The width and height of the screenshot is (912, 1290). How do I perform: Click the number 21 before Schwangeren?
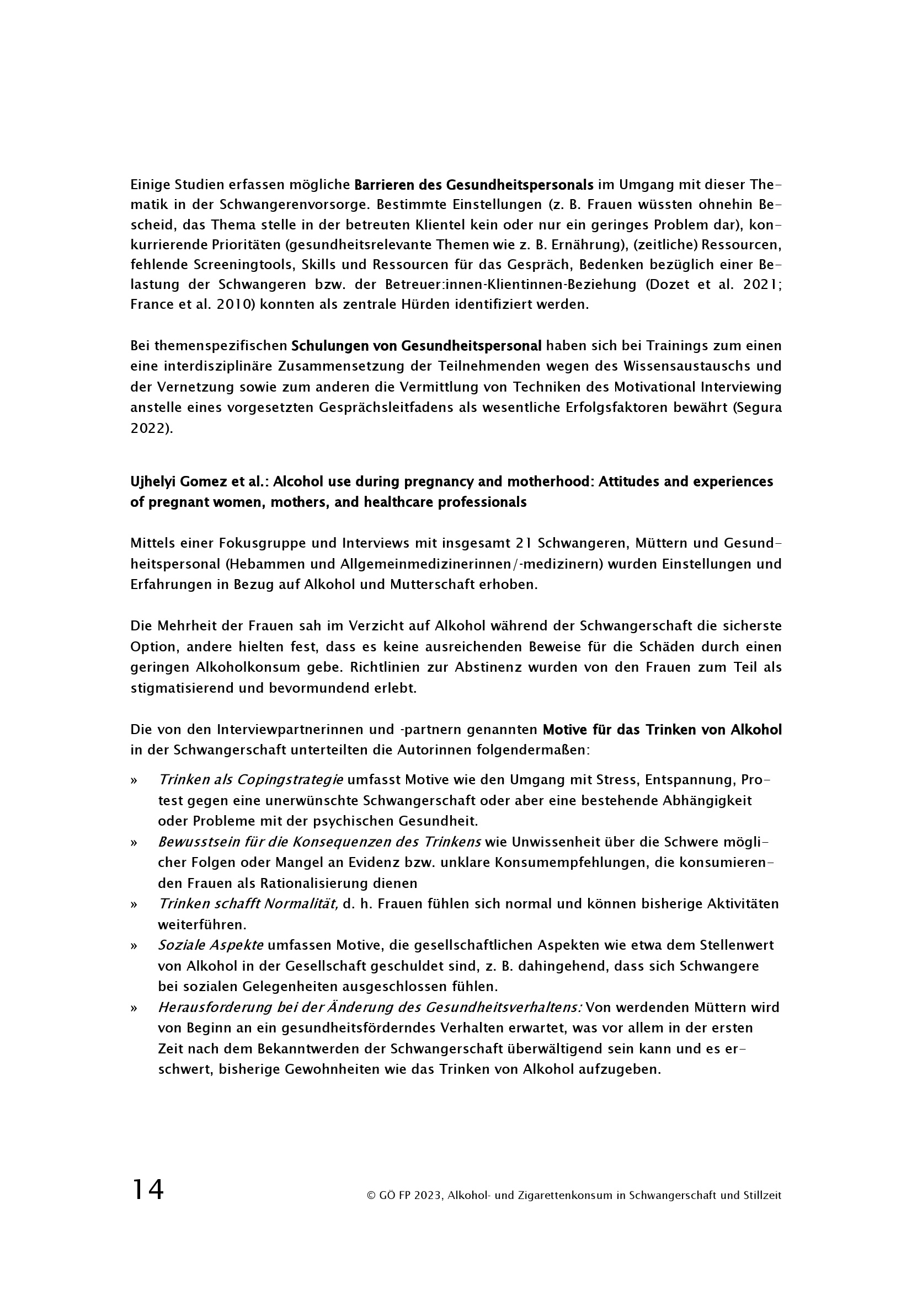pyautogui.click(x=523, y=543)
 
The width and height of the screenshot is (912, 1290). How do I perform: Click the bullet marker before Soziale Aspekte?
pyautogui.click(x=134, y=946)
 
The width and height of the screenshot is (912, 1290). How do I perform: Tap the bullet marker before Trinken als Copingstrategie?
pyautogui.click(x=134, y=781)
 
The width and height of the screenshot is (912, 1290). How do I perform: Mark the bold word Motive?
pyautogui.click(x=564, y=730)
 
